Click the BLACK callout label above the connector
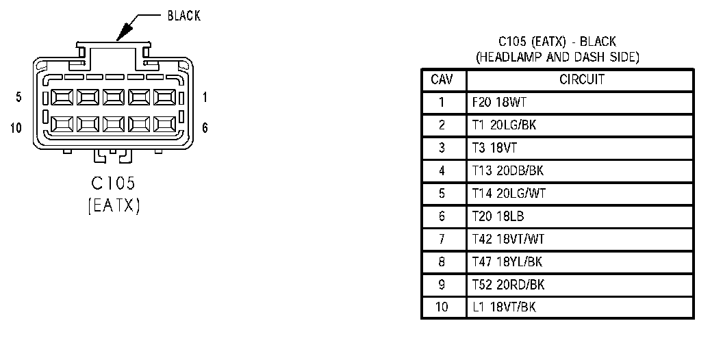[x=183, y=16]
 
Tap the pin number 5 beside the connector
[x=18, y=97]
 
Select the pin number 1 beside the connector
[x=205, y=97]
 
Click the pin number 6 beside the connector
[x=205, y=127]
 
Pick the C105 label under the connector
[x=114, y=183]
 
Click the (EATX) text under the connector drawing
[x=114, y=205]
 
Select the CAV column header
[x=442, y=79]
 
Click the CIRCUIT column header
[x=581, y=79]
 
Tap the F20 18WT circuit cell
[x=500, y=103]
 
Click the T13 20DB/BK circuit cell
[x=507, y=170]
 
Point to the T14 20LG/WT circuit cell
[x=509, y=194]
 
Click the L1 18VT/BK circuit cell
[x=504, y=307]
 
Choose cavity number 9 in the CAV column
[x=442, y=284]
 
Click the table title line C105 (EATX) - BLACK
[x=557, y=42]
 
